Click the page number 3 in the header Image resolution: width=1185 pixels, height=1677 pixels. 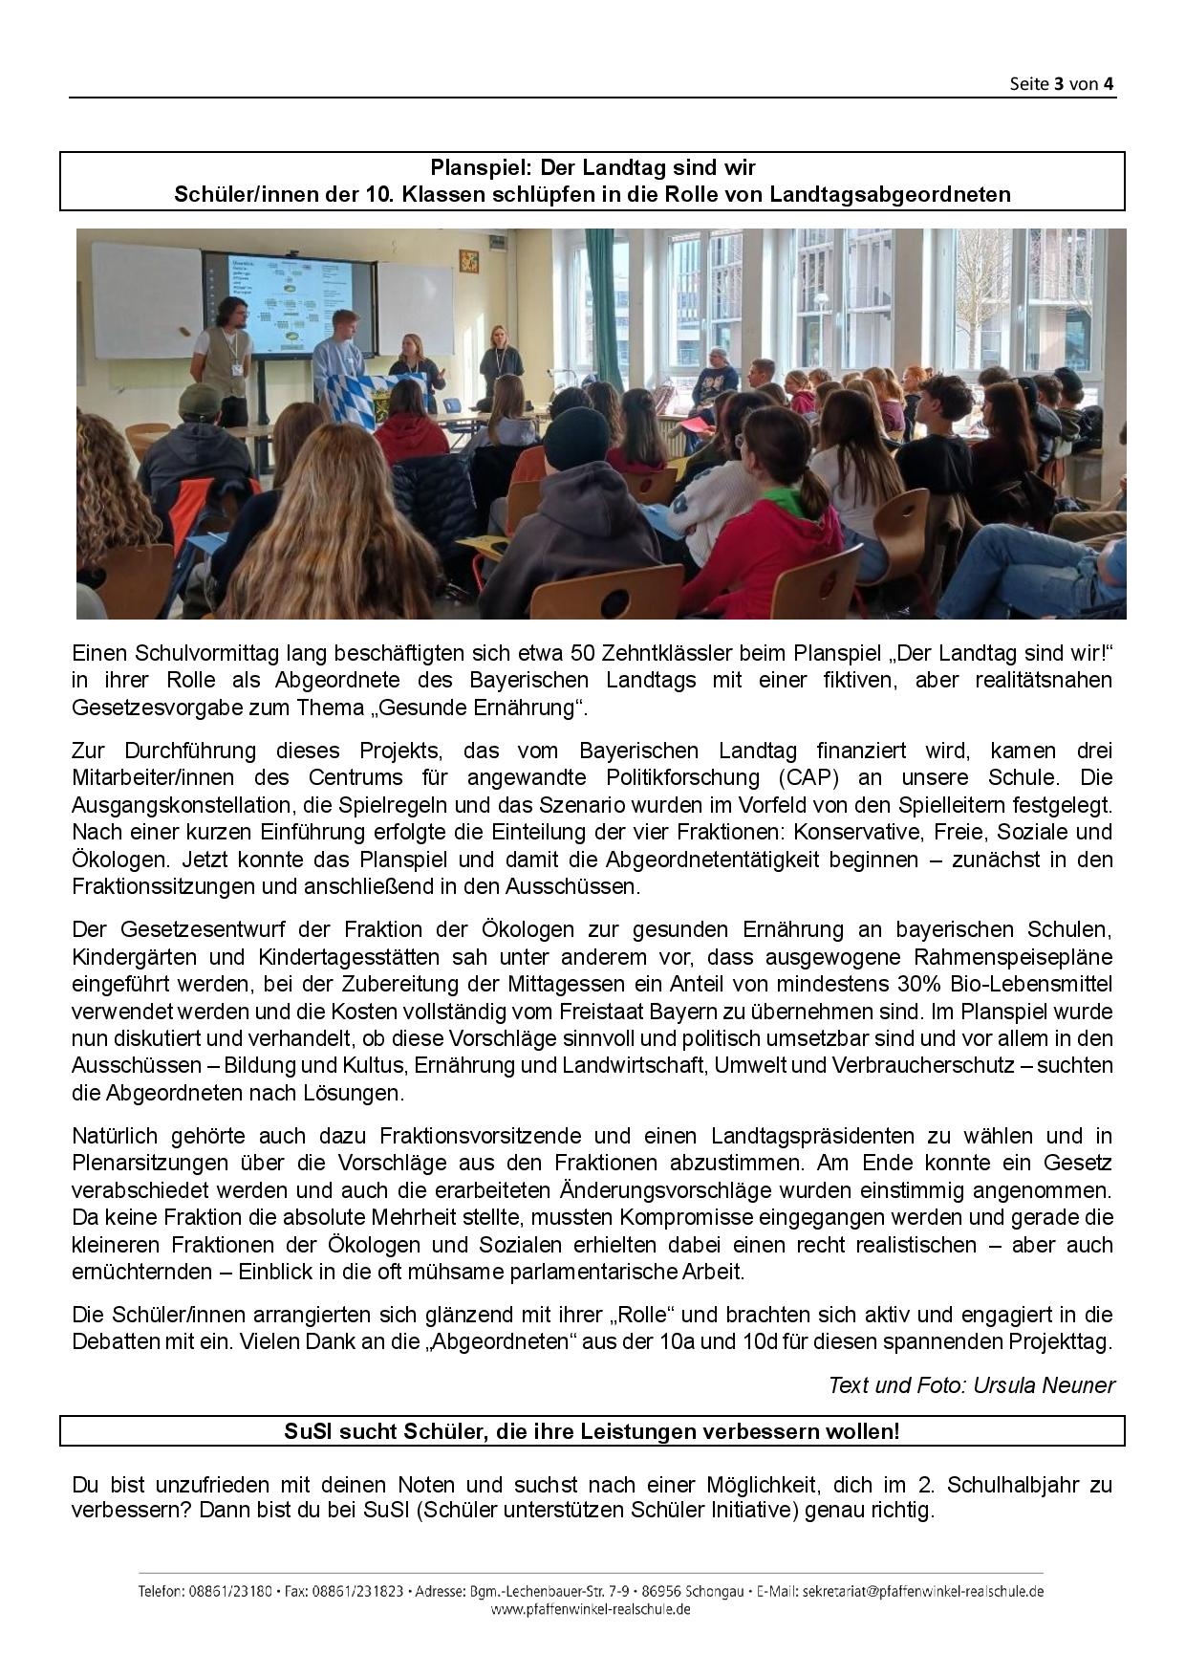tap(1059, 84)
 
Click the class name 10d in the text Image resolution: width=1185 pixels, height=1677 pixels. tap(761, 1341)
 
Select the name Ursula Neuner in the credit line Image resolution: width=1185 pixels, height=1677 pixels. tap(1044, 1384)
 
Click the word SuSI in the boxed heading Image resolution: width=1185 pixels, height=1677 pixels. tap(307, 1431)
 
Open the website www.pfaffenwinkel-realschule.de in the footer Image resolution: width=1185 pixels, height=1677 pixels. tap(591, 1609)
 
